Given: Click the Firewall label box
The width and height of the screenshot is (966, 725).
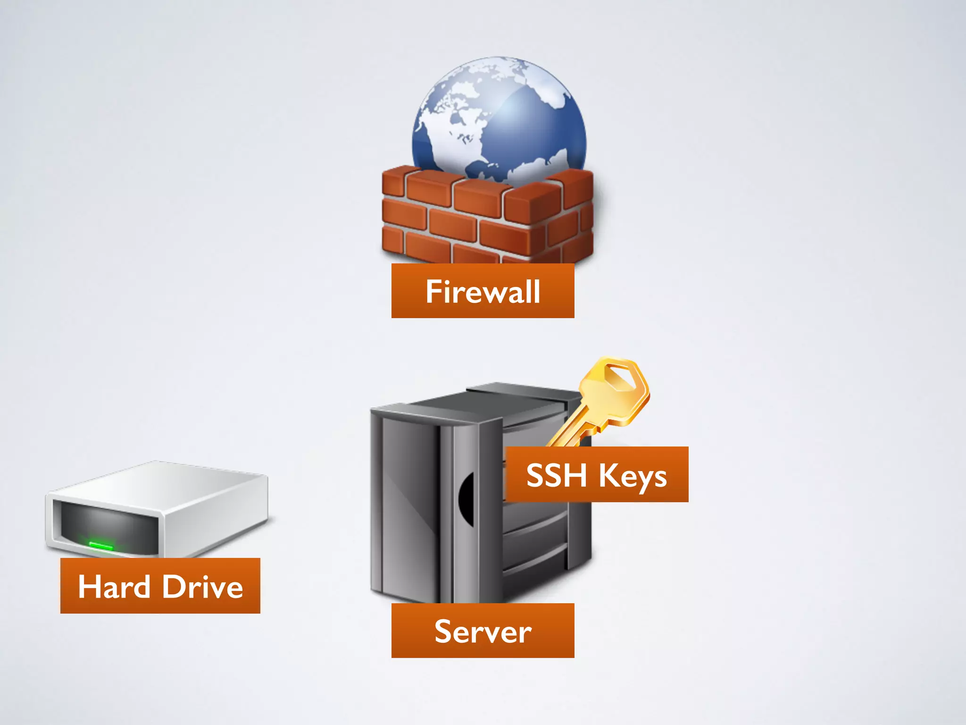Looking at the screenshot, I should [483, 291].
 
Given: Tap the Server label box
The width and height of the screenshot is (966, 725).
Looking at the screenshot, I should [483, 631].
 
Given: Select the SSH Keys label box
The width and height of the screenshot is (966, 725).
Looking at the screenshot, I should [597, 474].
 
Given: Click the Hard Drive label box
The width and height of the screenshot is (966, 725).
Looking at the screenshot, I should [160, 586].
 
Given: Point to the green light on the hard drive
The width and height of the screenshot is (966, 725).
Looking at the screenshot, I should [101, 546].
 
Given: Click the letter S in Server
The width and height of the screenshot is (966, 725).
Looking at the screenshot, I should [443, 631].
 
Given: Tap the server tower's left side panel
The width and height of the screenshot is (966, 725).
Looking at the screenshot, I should [406, 500].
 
